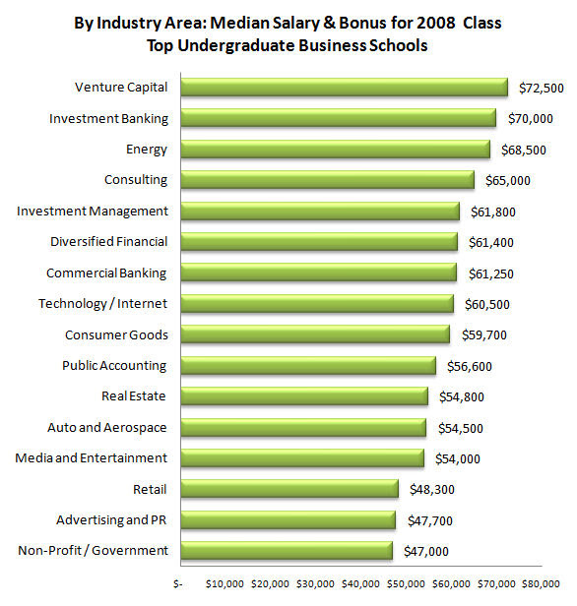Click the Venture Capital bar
(345, 88)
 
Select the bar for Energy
(336, 150)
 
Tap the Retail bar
(289, 489)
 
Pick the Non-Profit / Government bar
(287, 551)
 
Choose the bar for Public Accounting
(308, 366)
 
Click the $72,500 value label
(542, 89)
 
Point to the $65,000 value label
(508, 180)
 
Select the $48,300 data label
(432, 490)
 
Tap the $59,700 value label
(484, 335)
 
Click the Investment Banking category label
(108, 119)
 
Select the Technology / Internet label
(102, 304)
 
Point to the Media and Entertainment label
(92, 458)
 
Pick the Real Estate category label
(134, 396)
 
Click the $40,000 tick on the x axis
(360, 584)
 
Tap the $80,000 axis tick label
(541, 584)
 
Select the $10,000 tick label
(224, 584)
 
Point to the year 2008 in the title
(435, 23)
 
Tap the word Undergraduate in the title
(236, 46)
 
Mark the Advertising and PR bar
(288, 519)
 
